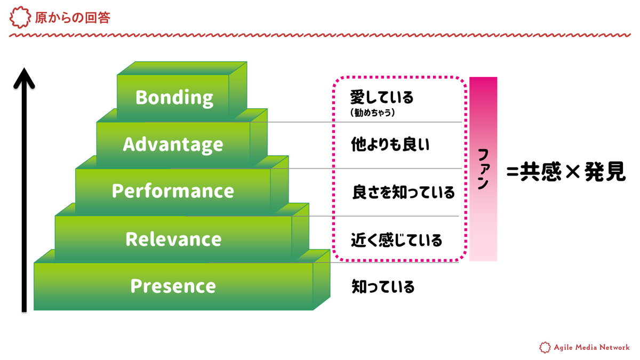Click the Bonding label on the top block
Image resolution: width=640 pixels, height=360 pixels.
[x=174, y=98]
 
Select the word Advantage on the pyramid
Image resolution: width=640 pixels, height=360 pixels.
[x=173, y=145]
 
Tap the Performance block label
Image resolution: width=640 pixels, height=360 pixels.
[x=173, y=191]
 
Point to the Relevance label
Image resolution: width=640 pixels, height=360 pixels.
[x=173, y=239]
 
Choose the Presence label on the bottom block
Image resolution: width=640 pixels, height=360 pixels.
[x=173, y=286]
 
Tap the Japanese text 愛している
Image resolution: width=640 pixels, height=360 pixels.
[x=382, y=98]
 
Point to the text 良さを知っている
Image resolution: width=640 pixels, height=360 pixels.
[x=403, y=192]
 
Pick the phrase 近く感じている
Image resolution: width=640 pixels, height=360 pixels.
[x=396, y=239]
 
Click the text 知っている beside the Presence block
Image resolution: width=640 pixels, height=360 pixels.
[x=383, y=287]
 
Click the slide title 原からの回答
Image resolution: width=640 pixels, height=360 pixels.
[x=73, y=18]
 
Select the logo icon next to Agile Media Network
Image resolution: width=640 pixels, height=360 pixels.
[x=545, y=347]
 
